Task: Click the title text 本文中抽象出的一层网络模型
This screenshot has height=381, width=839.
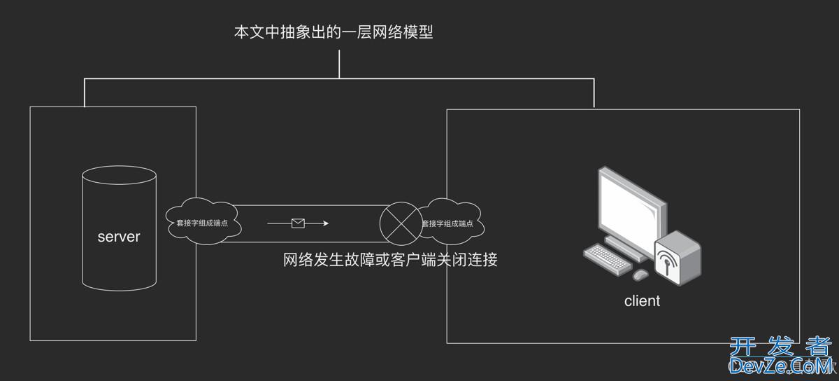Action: click(334, 32)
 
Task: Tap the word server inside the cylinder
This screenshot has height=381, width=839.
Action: click(119, 237)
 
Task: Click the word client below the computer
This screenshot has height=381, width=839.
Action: click(642, 301)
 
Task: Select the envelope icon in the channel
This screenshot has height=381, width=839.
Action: click(299, 223)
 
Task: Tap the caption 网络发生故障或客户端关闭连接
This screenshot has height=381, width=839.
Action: click(390, 261)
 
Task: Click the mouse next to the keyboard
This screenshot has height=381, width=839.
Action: click(642, 275)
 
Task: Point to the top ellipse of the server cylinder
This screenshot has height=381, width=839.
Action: click(119, 175)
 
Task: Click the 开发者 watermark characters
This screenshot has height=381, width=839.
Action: click(780, 346)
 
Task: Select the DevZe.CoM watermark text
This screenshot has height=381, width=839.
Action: click(780, 365)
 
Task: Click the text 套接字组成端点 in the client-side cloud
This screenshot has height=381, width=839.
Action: click(447, 224)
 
